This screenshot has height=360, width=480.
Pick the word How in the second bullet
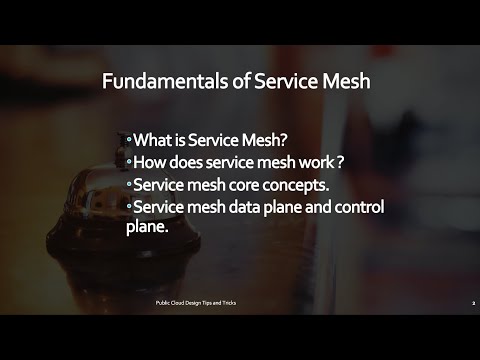(x=149, y=162)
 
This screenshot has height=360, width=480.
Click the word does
(x=186, y=162)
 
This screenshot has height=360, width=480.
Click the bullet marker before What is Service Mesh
(x=129, y=140)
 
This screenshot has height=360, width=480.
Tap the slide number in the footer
(x=472, y=301)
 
